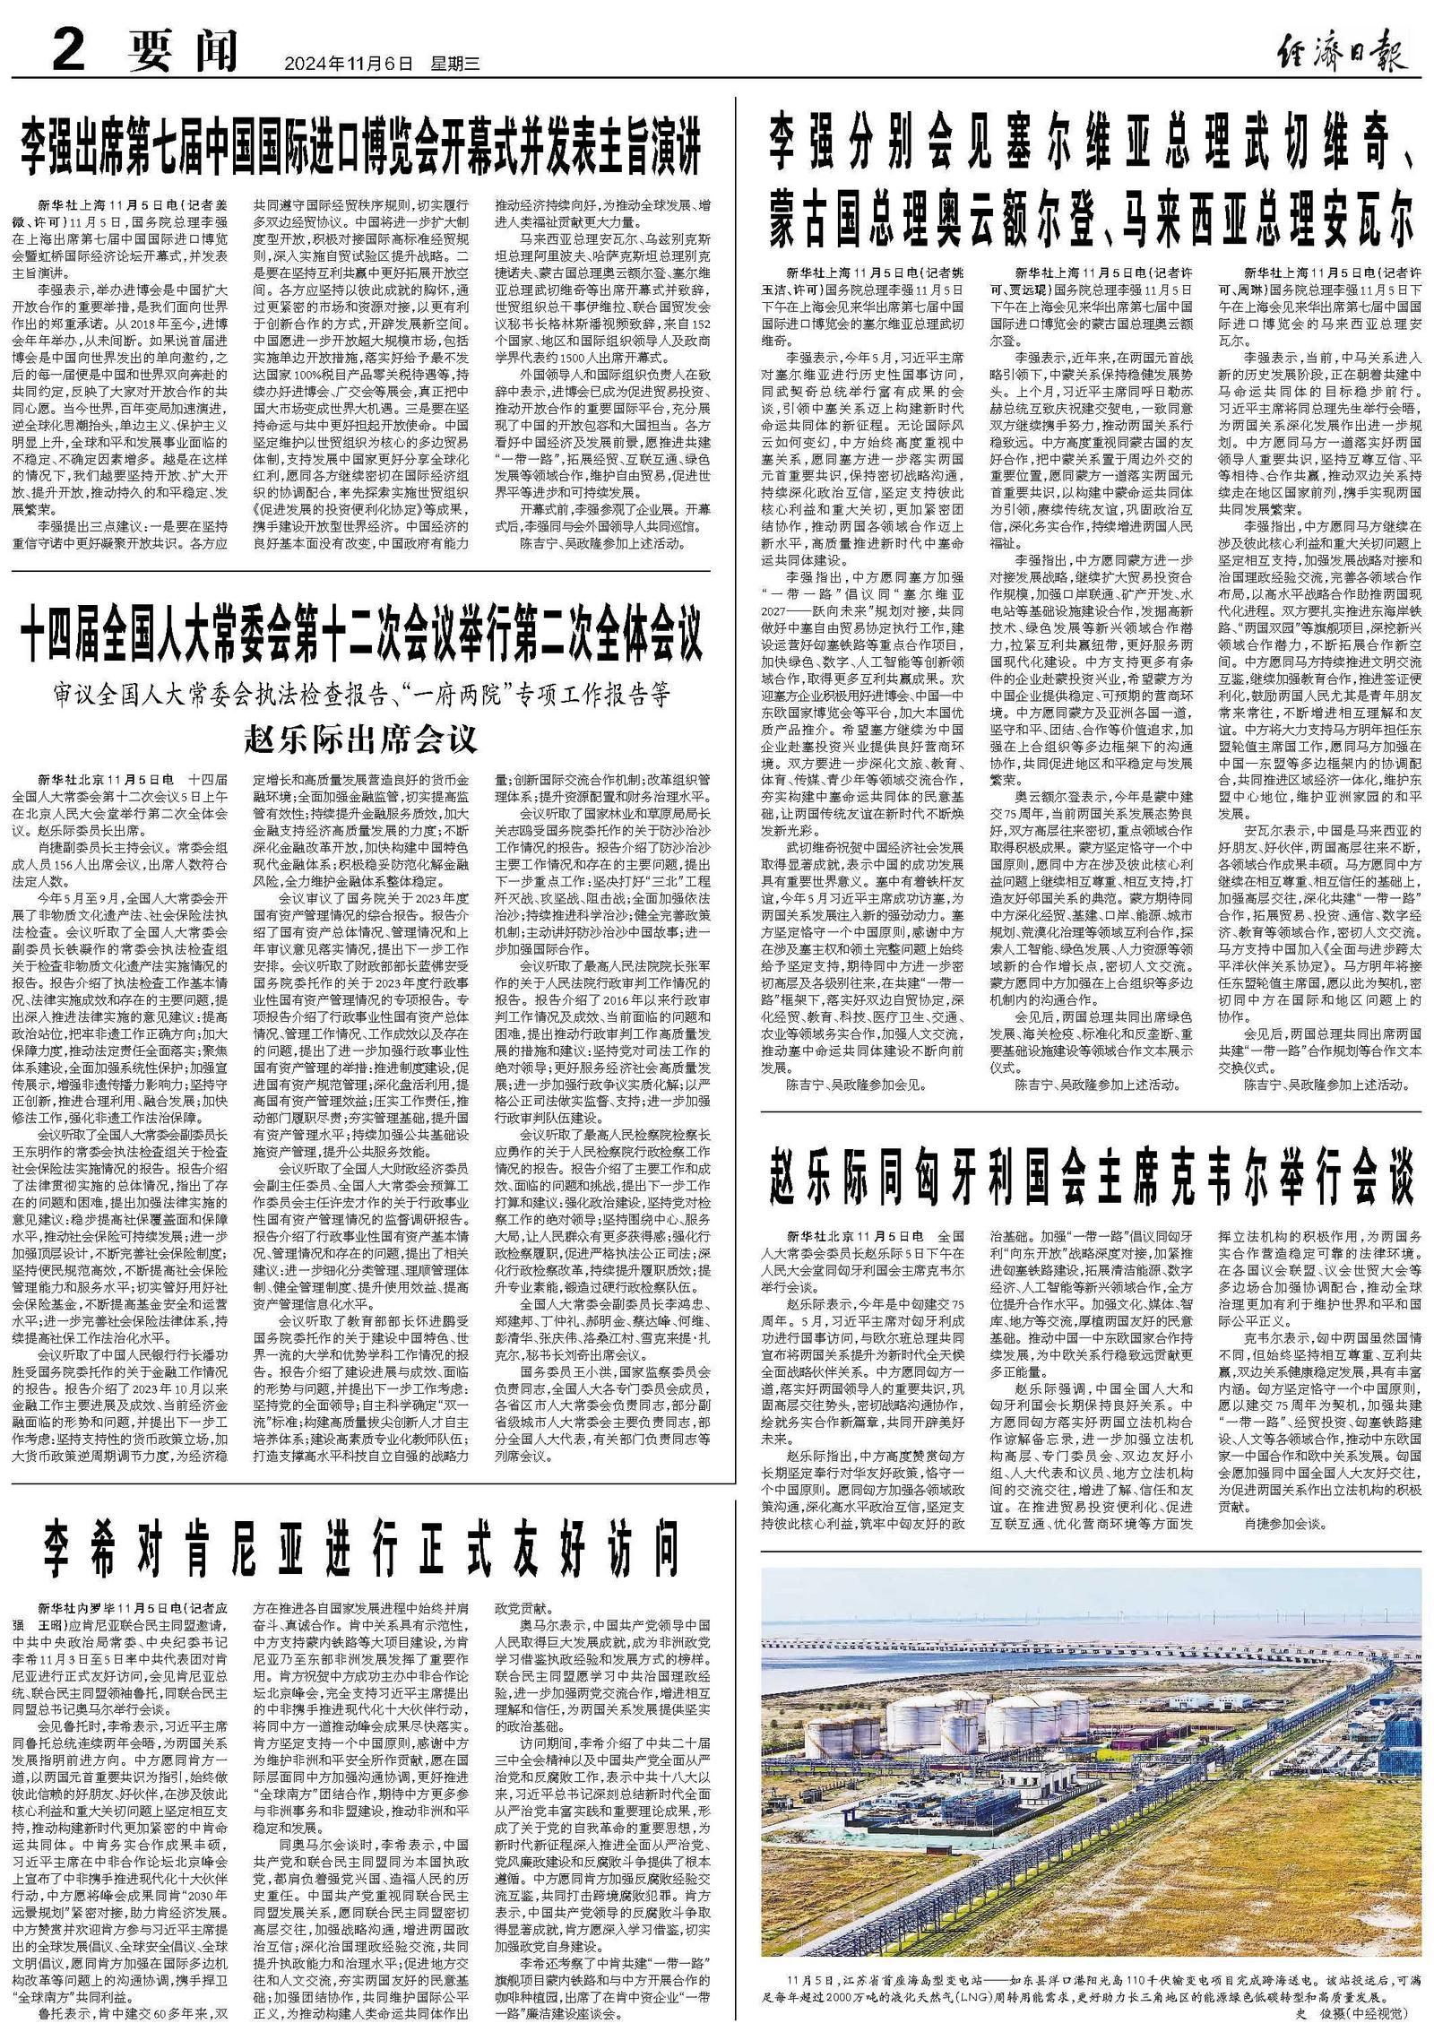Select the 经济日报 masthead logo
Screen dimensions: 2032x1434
tap(1341, 51)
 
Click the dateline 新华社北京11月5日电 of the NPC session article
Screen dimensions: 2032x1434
tap(107, 779)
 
